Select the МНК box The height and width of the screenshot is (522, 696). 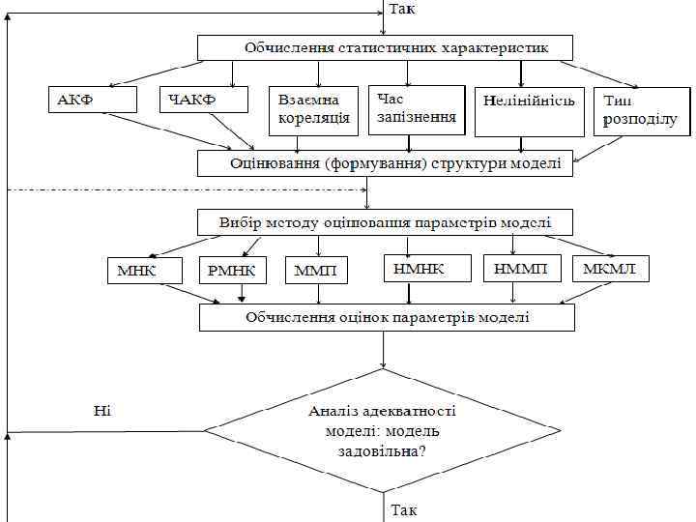(144, 271)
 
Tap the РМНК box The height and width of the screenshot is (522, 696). (233, 271)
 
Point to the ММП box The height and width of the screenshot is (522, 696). (316, 271)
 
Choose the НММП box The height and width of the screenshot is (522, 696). (521, 268)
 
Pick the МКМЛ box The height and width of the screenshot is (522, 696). (610, 268)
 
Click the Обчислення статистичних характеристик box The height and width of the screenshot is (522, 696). (385, 47)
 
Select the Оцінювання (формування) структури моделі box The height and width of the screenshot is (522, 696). (385, 163)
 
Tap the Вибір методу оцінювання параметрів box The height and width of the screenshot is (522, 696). (385, 222)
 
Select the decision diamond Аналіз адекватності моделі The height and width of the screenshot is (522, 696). (383, 430)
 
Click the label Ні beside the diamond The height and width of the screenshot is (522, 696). (102, 411)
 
